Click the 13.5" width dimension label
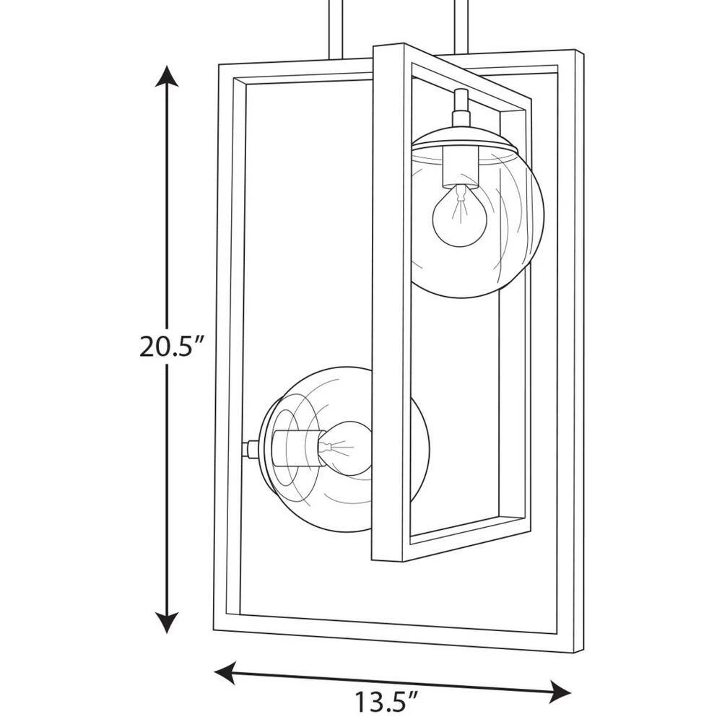[386, 703]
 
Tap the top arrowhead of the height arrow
[167, 76]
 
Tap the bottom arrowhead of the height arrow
[167, 622]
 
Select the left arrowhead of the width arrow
[225, 674]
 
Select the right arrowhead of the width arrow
[560, 692]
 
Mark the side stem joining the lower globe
[251, 448]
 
